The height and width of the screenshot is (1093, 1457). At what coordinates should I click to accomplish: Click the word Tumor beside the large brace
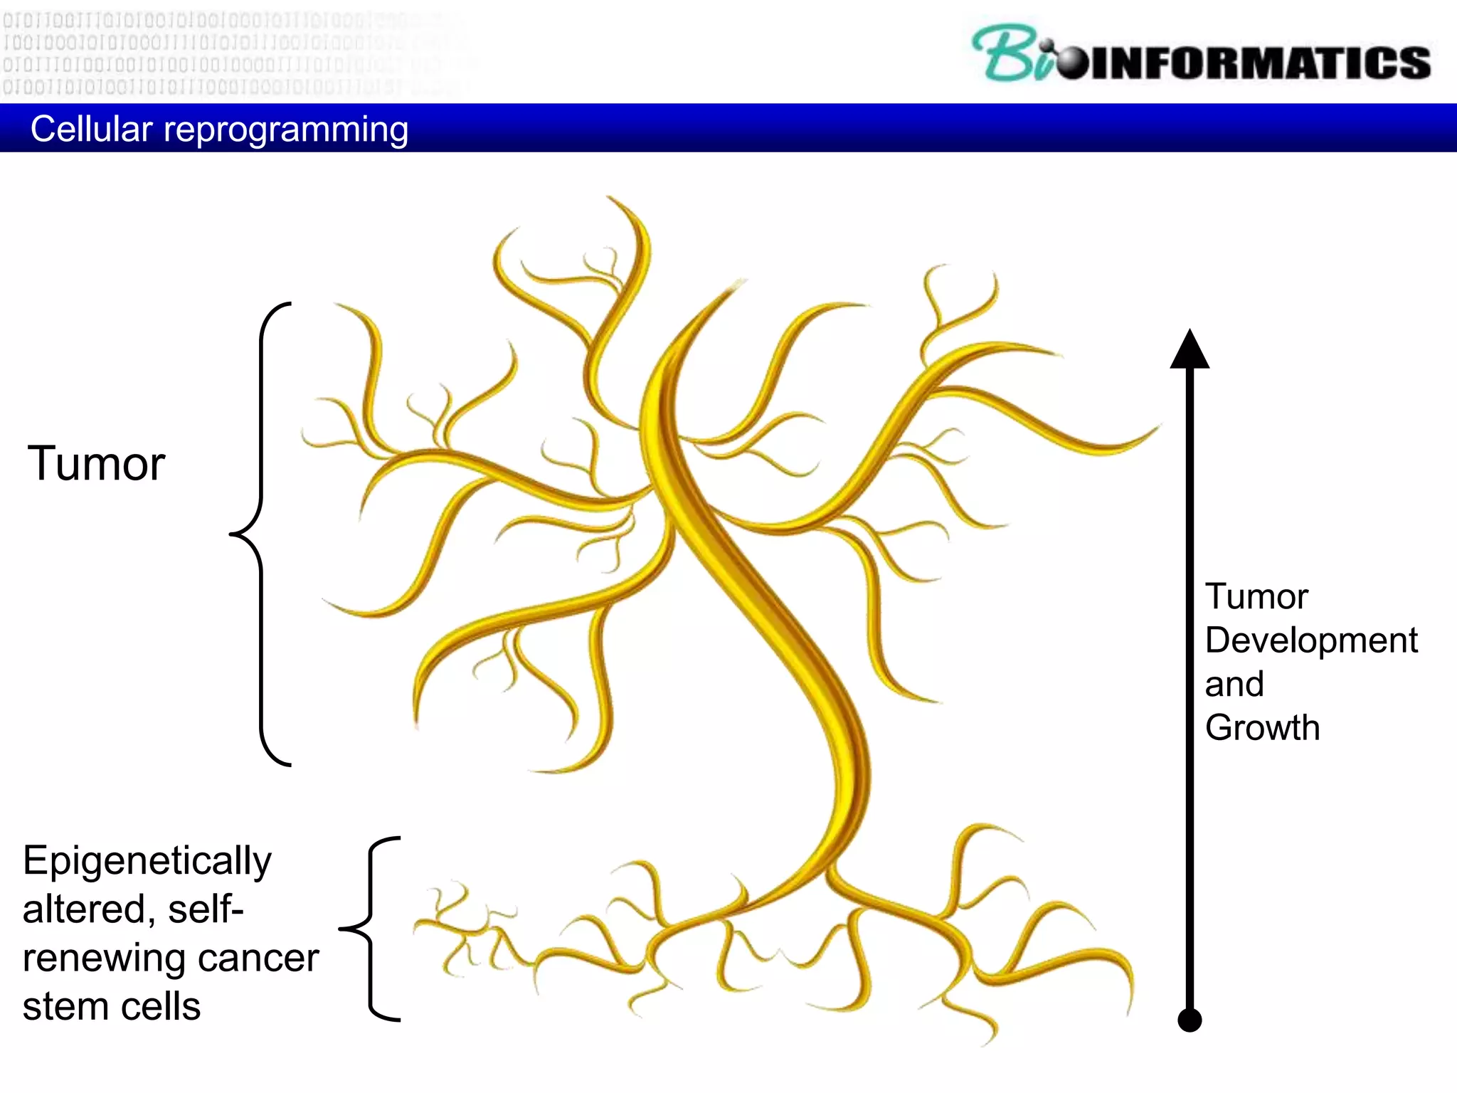click(96, 464)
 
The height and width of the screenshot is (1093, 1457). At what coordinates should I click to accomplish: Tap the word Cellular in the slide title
click(91, 130)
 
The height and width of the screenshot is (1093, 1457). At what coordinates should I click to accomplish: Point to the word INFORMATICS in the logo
click(1259, 63)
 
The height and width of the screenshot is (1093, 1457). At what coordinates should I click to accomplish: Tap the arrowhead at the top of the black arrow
click(1190, 350)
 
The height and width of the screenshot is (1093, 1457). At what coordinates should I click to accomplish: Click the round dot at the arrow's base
click(1190, 1020)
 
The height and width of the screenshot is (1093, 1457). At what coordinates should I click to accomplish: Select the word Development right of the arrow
click(1311, 640)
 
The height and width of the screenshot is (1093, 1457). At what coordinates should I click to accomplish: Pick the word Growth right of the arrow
click(1262, 727)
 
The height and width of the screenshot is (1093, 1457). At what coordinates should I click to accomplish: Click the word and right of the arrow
click(1234, 684)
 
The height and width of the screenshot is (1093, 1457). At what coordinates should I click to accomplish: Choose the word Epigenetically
click(147, 862)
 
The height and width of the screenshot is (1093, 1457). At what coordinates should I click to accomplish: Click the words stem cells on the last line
click(112, 1006)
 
